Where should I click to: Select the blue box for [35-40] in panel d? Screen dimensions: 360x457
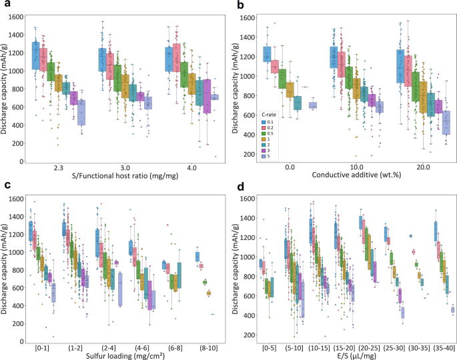436,232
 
